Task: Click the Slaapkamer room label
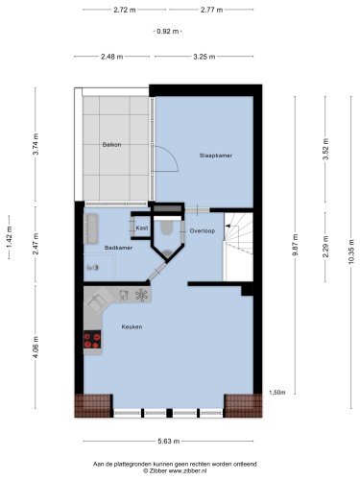point(216,156)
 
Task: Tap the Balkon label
point(111,145)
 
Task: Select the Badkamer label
point(118,248)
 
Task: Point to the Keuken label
point(132,326)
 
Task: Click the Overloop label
point(203,230)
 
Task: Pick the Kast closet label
point(142,228)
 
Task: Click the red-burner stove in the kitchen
point(92,340)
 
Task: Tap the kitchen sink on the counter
point(98,302)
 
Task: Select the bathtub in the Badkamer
point(91,228)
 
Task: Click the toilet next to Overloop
point(166,228)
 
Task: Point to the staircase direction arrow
point(228,226)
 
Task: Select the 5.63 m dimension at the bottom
point(168,442)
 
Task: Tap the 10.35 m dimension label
point(351,252)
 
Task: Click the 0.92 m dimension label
point(167,32)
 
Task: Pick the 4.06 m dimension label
point(36,348)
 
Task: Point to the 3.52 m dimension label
point(325,150)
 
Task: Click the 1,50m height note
point(277,393)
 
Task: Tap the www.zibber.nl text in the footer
point(187,470)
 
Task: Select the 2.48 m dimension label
point(112,57)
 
